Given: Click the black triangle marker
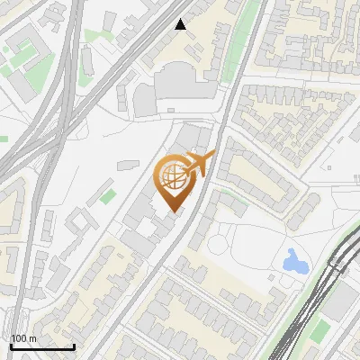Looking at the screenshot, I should coord(181,24).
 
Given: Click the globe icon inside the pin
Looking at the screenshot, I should coord(172,175).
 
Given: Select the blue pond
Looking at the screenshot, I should coord(294,262).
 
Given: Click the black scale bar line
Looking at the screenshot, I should coord(42,346).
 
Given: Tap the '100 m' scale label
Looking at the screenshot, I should coord(24,338).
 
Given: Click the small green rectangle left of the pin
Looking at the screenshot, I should coord(108,195).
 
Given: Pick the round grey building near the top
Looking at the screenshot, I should coord(146,98).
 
